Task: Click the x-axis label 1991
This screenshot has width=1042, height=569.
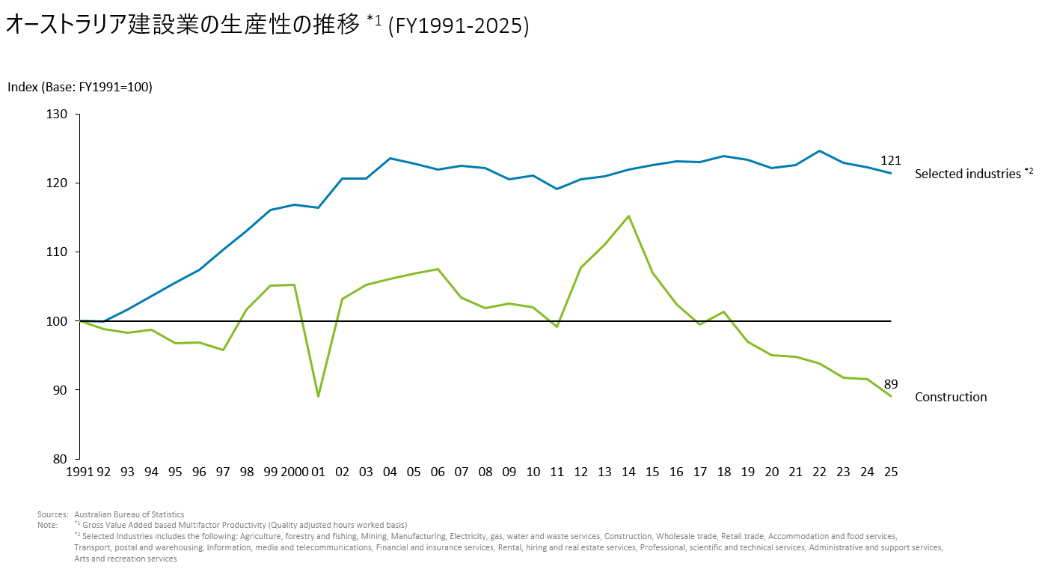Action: [79, 472]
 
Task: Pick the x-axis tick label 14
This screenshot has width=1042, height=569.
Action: [628, 472]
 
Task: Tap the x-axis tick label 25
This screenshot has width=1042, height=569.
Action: [890, 472]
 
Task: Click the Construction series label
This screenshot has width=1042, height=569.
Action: [951, 397]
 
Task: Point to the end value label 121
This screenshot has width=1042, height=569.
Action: [890, 160]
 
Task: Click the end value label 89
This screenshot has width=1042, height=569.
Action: [890, 384]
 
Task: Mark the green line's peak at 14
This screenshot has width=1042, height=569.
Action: [628, 216]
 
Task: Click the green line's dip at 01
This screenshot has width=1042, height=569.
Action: [319, 396]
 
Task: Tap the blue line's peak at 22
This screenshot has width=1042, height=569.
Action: [819, 151]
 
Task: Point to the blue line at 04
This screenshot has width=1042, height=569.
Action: [390, 158]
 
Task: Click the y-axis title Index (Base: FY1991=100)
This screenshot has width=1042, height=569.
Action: [80, 87]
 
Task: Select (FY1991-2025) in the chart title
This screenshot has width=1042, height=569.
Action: [459, 26]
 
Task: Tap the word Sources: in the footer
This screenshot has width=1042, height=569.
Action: [52, 514]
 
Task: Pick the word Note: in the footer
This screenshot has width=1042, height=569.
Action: [47, 525]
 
